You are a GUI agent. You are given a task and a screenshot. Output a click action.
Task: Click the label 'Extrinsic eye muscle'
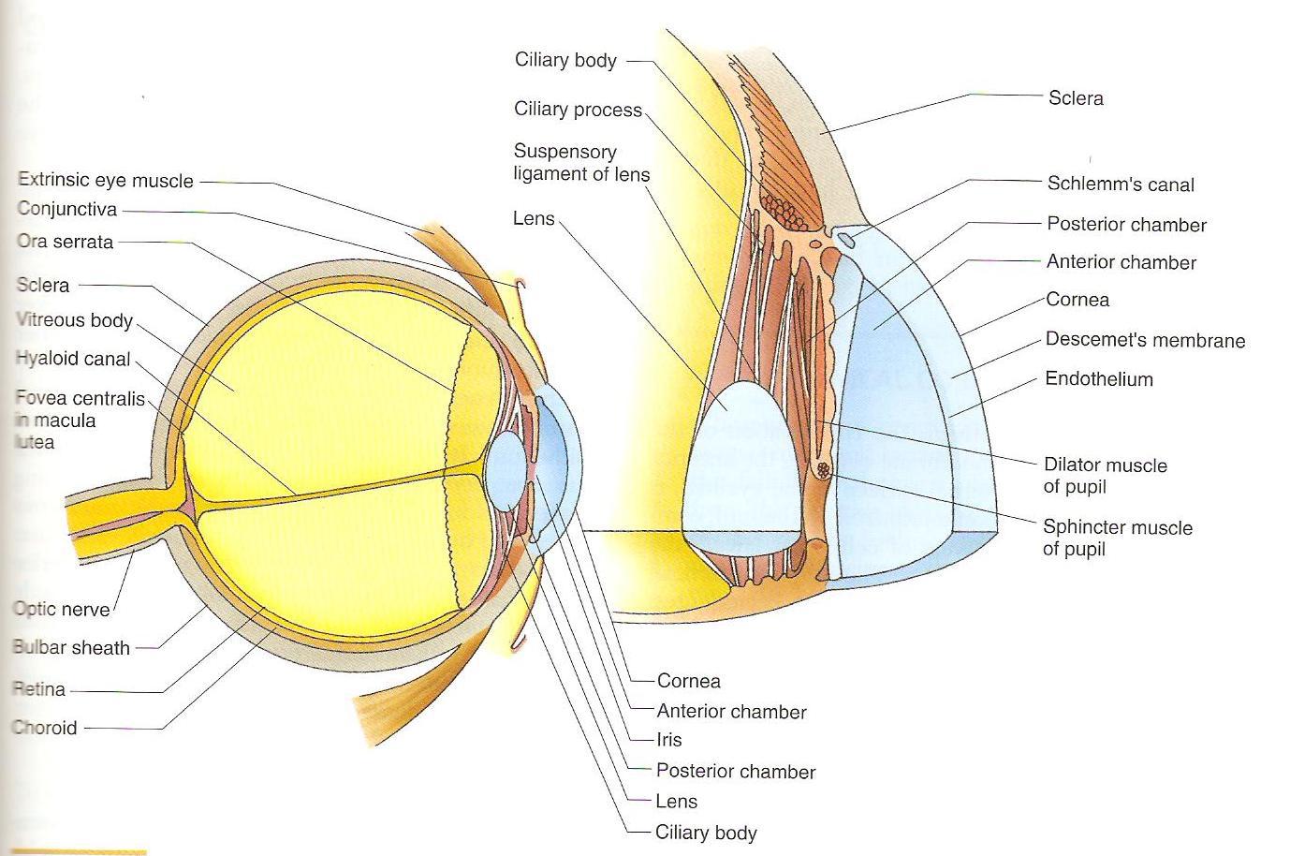click(106, 181)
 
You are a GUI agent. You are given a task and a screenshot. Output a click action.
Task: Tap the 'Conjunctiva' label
click(66, 211)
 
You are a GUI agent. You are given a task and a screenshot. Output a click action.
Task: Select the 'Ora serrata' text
click(65, 242)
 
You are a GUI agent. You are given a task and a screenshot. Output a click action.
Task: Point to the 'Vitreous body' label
click(75, 320)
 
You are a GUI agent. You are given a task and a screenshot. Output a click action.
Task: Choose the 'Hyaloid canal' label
click(73, 359)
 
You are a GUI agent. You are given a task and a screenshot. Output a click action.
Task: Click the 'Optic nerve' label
click(62, 609)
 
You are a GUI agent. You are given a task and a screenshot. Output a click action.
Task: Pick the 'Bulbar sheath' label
click(71, 647)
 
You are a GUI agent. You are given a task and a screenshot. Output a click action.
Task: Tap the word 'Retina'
click(39, 689)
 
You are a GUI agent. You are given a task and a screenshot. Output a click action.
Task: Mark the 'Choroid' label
click(45, 728)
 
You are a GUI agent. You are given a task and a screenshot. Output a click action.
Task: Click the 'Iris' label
click(669, 740)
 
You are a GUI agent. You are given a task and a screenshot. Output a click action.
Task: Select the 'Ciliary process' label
click(578, 110)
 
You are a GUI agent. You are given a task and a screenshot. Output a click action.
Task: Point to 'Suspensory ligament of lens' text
click(580, 163)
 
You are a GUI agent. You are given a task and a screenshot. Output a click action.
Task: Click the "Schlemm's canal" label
click(1121, 184)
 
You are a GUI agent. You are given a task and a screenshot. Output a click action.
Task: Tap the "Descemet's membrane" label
click(1145, 340)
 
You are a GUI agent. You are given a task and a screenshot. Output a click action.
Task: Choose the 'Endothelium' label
click(1099, 379)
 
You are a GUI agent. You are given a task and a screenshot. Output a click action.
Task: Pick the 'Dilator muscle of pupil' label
click(1105, 476)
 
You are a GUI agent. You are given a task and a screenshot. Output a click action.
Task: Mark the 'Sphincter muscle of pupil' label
click(1117, 538)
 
